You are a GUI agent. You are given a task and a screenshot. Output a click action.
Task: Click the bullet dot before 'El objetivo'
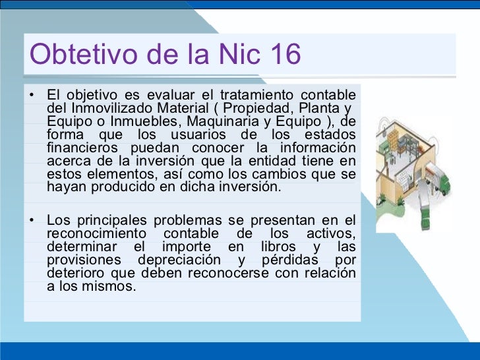click(31, 94)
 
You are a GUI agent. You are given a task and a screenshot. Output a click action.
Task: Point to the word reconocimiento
click(96, 234)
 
